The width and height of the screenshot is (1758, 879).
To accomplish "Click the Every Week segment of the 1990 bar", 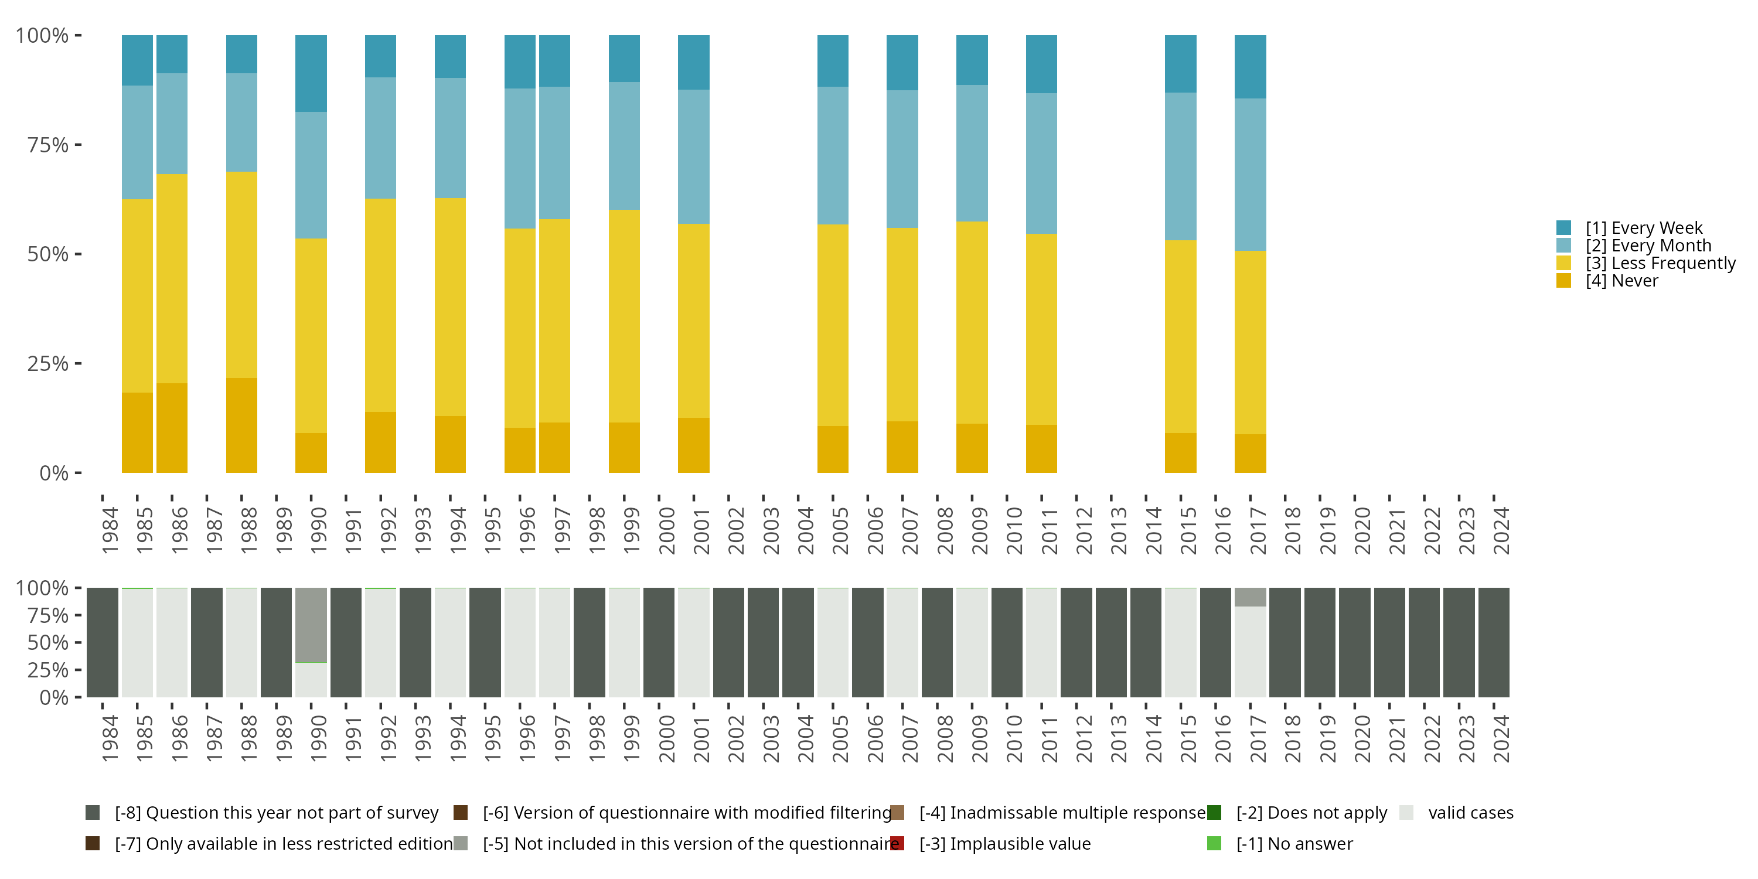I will (311, 73).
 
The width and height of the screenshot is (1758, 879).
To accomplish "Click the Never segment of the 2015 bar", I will (1180, 452).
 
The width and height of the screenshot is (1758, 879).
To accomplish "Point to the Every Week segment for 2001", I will (693, 62).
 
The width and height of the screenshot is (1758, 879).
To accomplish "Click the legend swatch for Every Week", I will (1563, 228).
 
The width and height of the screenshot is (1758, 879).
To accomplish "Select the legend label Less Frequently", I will (1660, 264).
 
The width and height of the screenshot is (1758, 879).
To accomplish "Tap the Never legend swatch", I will (1563, 281).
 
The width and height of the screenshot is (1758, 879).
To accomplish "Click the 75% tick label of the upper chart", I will (48, 145).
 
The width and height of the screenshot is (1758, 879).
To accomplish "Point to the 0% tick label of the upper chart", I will (54, 473).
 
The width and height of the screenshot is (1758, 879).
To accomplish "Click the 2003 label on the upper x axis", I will (771, 530).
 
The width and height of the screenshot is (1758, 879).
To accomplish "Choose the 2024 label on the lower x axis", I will (1501, 738).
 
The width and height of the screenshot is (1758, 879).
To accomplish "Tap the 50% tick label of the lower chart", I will (48, 643).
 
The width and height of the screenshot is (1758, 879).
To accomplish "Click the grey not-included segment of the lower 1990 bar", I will (311, 625).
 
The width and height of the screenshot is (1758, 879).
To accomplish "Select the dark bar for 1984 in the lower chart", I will (103, 642).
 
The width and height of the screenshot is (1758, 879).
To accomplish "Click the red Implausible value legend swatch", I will (897, 843).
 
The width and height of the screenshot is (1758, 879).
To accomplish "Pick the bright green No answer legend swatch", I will (1214, 843).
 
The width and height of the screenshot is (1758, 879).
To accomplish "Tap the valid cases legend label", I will (1471, 813).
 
